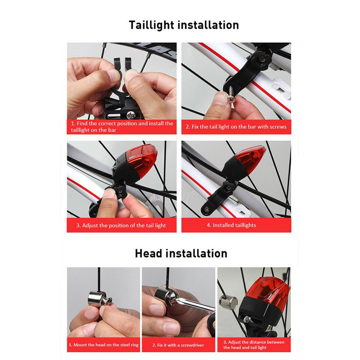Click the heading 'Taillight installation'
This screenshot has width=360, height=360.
184,25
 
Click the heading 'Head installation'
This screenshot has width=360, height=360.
181,253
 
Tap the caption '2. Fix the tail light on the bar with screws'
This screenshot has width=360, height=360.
236,127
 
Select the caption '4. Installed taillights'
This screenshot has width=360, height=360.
231,225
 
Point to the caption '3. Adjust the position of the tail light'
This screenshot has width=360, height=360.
121,225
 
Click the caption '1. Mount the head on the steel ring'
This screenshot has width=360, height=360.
103,345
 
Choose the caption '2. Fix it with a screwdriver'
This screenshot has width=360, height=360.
178,345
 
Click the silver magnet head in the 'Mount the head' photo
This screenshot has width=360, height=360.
97,299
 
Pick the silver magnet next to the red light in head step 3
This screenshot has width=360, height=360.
228,302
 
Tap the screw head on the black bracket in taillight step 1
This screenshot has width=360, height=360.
130,115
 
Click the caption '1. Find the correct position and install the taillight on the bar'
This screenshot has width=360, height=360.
121,127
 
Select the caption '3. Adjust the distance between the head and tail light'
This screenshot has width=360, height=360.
254,345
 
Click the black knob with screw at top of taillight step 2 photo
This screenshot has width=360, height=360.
263,60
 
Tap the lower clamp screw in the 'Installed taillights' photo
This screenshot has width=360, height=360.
207,209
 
